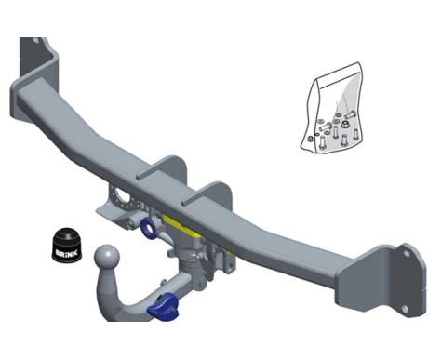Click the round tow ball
click(106, 257)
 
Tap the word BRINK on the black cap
click(67, 252)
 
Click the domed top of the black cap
click(66, 233)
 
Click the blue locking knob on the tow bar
click(163, 307)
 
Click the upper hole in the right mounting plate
click(406, 254)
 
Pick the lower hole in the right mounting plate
click(405, 309)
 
